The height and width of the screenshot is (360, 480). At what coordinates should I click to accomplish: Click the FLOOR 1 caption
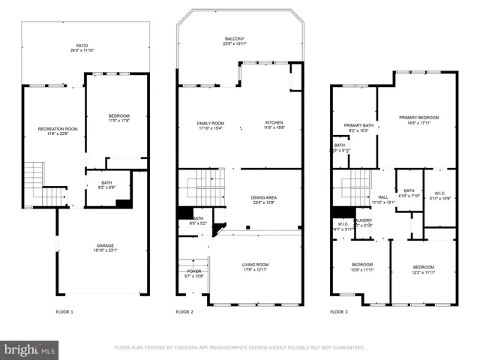64,311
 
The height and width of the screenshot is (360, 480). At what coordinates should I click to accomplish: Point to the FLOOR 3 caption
340,311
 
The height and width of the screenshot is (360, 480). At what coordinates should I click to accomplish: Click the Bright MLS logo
30,349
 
